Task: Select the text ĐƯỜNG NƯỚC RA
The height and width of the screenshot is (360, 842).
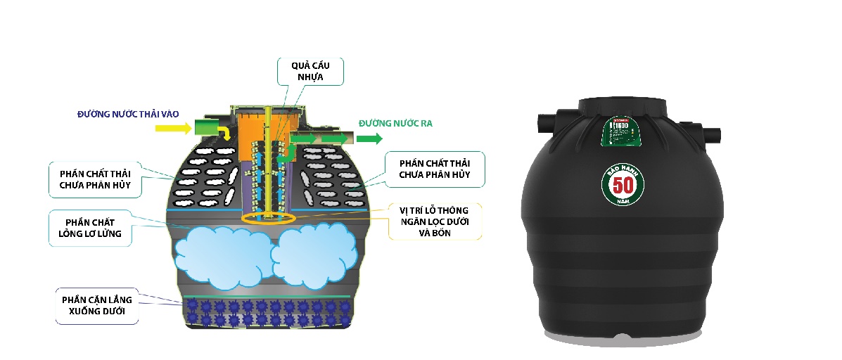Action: pos(395,124)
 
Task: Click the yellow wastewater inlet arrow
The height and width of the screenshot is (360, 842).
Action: pos(172,128)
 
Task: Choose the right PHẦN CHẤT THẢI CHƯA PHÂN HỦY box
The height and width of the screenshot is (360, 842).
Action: pos(434,169)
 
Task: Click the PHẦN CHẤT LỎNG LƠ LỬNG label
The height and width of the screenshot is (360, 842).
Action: pos(90,227)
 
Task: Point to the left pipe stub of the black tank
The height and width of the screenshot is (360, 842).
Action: pos(547,122)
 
